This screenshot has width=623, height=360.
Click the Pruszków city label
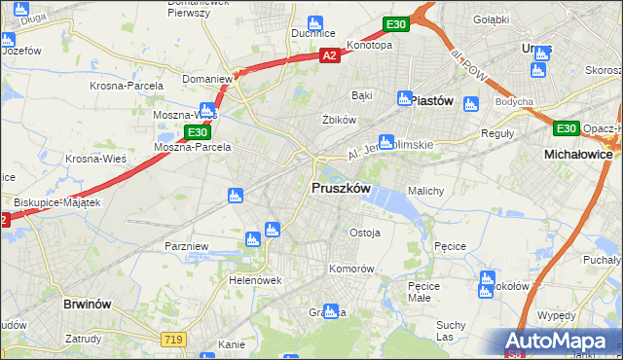tap(340, 188)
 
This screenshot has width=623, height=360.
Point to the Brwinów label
tap(90, 304)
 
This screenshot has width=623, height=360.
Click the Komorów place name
tap(351, 268)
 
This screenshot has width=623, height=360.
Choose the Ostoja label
tap(364, 233)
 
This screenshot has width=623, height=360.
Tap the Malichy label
tap(426, 191)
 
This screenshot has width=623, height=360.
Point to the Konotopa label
tap(369, 45)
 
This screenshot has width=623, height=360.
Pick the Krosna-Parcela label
tap(126, 84)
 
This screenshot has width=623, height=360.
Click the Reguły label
tap(497, 133)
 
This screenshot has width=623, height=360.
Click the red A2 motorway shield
tap(330, 56)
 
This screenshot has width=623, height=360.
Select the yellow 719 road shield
tap(173, 338)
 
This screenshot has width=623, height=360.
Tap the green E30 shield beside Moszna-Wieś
tap(197, 131)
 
